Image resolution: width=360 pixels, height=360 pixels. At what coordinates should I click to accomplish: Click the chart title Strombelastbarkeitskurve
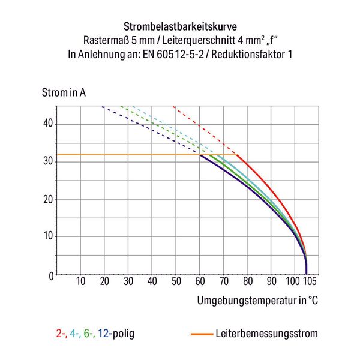(x=179, y=27)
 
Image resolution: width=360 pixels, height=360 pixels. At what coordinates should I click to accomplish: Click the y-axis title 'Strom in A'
(x=64, y=93)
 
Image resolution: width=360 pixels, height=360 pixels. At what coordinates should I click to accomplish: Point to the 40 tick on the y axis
(x=47, y=124)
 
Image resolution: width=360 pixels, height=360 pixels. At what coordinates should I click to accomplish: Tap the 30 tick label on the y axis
(x=47, y=161)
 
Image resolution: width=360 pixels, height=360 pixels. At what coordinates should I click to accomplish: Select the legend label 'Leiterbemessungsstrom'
(x=266, y=333)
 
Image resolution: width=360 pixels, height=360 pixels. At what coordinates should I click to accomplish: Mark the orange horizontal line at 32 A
(x=120, y=155)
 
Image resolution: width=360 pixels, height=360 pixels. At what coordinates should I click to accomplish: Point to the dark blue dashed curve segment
(x=150, y=129)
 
